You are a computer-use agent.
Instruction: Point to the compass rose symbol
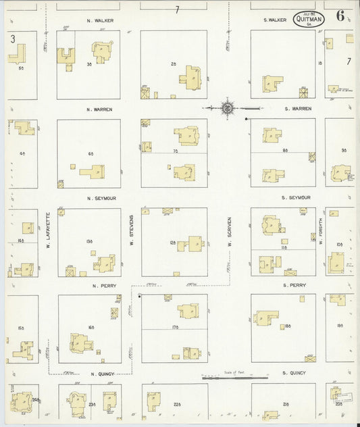click(228, 108)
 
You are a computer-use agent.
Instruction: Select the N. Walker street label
click(100, 21)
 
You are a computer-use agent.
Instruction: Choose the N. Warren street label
click(99, 109)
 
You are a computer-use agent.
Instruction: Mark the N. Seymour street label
click(100, 198)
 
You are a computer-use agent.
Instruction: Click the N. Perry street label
click(99, 286)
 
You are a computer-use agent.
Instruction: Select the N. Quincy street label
click(99, 373)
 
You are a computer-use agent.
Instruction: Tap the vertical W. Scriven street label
click(230, 230)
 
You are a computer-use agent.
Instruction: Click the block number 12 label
click(173, 242)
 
